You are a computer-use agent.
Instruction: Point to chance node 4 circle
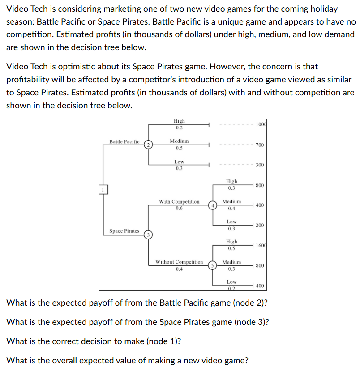214,205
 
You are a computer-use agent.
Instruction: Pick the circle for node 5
214,265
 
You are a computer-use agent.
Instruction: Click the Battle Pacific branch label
124,142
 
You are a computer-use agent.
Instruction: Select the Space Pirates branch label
124,231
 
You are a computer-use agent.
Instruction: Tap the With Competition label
179,202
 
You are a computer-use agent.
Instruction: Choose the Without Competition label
179,262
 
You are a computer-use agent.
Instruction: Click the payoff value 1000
261,124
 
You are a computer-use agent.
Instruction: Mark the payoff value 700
260,145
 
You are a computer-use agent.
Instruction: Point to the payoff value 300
260,165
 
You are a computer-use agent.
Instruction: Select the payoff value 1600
261,245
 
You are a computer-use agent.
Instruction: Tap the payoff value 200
260,225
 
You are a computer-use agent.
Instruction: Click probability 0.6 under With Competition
179,208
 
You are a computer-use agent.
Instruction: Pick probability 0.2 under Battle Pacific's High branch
179,128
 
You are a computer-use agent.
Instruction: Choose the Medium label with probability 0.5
179,141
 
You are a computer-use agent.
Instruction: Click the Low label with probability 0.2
231,282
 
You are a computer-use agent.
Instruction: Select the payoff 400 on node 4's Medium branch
260,205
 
